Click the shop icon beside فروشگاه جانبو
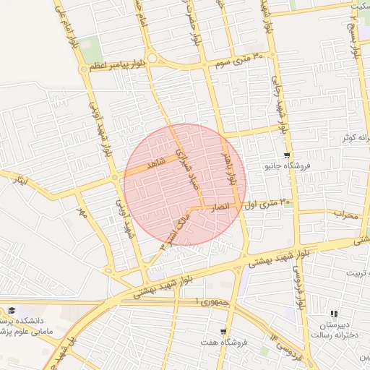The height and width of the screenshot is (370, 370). click(x=288, y=155)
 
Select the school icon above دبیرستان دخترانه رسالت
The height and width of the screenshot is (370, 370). click(x=334, y=314)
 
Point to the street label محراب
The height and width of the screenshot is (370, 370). click(x=346, y=214)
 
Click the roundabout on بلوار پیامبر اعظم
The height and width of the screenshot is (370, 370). click(x=151, y=59)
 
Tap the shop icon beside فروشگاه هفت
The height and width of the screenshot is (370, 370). click(x=223, y=331)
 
